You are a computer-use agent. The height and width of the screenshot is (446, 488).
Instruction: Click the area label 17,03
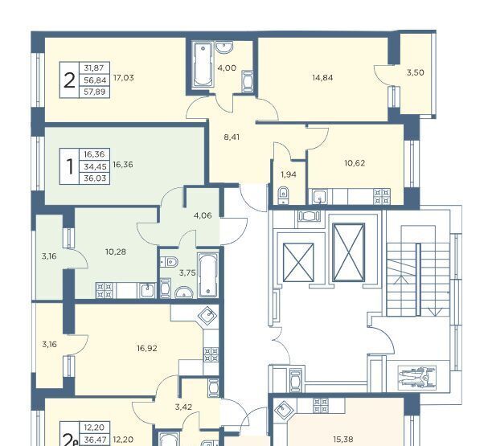point(124,78)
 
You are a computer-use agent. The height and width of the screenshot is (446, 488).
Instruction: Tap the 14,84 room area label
point(322,78)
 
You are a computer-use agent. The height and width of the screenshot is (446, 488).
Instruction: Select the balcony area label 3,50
point(416,73)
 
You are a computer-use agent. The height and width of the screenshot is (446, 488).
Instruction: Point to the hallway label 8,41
point(232,137)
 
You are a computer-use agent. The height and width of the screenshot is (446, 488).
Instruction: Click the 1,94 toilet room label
point(289,175)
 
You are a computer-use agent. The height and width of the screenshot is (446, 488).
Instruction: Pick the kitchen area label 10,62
point(355,163)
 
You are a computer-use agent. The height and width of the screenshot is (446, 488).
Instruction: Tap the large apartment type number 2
point(69,80)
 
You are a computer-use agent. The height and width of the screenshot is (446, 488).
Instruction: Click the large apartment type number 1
point(70,166)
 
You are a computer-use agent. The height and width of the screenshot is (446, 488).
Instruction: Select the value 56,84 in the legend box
point(95,80)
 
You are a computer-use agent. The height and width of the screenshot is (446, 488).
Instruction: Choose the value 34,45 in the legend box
point(95,167)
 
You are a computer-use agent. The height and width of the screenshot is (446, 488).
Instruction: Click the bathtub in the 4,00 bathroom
point(203,64)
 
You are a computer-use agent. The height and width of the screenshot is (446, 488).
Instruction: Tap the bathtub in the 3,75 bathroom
point(207,275)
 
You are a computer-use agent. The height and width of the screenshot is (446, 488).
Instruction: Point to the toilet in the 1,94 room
point(283,195)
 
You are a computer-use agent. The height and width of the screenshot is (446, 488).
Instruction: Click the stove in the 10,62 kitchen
point(382,197)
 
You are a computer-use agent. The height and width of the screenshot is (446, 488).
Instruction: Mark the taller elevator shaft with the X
point(348,252)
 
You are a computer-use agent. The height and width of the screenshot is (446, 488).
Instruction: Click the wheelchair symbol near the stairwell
point(417,377)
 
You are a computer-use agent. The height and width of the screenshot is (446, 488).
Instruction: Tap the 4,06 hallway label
point(203,215)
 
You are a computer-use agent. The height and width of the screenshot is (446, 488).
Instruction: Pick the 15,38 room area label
point(342,440)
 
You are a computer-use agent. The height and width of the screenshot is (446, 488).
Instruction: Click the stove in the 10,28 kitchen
point(104,290)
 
